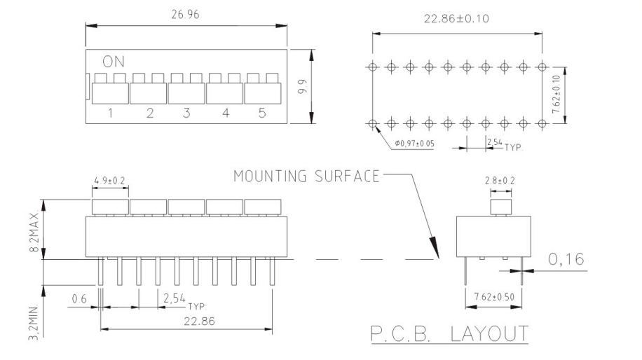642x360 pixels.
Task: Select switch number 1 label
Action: [110, 113]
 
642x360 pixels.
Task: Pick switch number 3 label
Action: [186, 113]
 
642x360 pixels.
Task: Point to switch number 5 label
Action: [261, 113]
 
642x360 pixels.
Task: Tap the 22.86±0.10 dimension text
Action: [457, 18]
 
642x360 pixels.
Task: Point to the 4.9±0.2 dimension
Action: [110, 181]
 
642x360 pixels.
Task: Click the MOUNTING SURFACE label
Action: [306, 175]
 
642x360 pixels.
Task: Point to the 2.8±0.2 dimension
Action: [500, 181]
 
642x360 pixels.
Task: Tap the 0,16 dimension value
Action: [568, 261]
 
